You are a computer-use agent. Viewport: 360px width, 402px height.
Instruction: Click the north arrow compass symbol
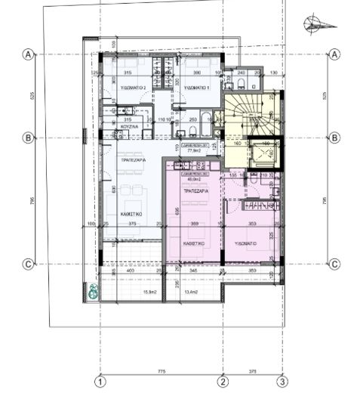coord(318,24)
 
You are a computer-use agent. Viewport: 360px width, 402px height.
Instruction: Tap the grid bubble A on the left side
coord(29,55)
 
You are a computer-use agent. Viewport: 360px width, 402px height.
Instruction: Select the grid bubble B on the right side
coord(334,138)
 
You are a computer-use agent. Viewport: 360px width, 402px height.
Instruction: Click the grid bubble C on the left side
coord(29,264)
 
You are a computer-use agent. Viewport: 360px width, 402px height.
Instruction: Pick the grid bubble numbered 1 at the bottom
coord(100,382)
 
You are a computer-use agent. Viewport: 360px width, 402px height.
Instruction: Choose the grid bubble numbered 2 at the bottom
coord(223,382)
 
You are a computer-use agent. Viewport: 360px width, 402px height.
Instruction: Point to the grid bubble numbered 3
coord(282,382)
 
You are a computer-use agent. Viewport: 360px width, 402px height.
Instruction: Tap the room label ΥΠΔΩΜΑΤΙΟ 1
coord(198,88)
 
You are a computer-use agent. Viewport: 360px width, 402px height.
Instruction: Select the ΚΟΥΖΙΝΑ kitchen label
coord(127,126)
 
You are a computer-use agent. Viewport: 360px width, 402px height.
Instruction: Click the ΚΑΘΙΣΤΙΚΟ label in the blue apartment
coord(133,214)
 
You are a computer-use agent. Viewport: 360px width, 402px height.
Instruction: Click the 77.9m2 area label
coord(193,150)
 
